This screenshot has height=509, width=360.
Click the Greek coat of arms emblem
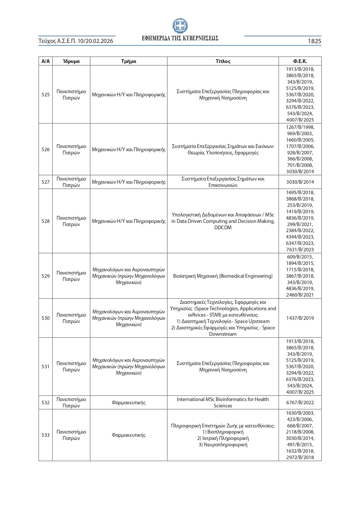pyautogui.click(x=180, y=26)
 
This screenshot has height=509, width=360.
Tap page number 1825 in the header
pyautogui.click(x=314, y=41)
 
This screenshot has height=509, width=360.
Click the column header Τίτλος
pyautogui.click(x=223, y=61)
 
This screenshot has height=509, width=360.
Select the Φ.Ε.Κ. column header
pyautogui.click(x=300, y=61)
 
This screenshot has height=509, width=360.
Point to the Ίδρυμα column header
pyautogui.click(x=71, y=61)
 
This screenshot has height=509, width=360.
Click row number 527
pyautogui.click(x=46, y=182)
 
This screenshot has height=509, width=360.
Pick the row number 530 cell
pyautogui.click(x=46, y=318)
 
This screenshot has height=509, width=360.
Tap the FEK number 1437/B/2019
pyautogui.click(x=300, y=318)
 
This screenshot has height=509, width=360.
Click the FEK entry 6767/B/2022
pyautogui.click(x=300, y=402)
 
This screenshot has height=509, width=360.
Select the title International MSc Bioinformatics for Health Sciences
pyautogui.click(x=223, y=402)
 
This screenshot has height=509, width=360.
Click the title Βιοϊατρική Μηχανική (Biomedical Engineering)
pyautogui.click(x=223, y=276)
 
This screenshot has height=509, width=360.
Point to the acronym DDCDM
pyautogui.click(x=223, y=228)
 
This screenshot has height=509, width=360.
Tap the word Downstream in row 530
pyautogui.click(x=223, y=334)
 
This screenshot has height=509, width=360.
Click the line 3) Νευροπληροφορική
pyautogui.click(x=223, y=445)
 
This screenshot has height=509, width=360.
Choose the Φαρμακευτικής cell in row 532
pyautogui.click(x=129, y=402)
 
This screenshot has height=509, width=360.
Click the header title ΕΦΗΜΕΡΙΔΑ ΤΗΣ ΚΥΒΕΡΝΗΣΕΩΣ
pyautogui.click(x=180, y=38)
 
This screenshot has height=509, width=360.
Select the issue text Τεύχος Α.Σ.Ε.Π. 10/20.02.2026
pyautogui.click(x=76, y=41)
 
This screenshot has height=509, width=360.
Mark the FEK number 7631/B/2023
pyautogui.click(x=300, y=250)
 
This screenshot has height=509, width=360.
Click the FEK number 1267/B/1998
pyautogui.click(x=300, y=127)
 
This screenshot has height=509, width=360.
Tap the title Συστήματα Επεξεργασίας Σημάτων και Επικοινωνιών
pyautogui.click(x=223, y=182)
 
